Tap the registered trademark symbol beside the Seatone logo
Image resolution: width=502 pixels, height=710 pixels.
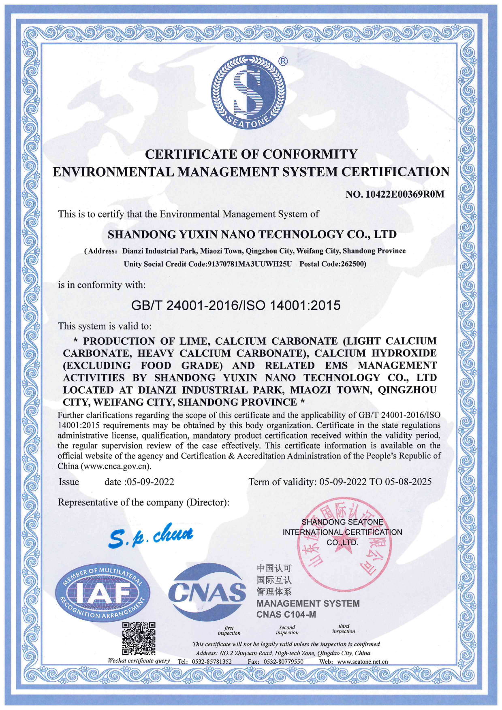click(283, 61)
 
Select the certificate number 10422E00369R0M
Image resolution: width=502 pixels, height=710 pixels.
click(405, 194)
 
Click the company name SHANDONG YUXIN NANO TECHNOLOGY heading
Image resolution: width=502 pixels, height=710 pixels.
click(252, 235)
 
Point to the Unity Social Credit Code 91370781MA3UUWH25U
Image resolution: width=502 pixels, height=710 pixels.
click(250, 264)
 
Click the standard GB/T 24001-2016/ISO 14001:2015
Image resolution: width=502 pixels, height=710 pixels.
click(236, 305)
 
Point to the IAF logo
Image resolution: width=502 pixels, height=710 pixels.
click(103, 592)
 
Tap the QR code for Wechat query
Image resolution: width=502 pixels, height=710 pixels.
click(139, 638)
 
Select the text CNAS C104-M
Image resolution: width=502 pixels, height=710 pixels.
click(286, 614)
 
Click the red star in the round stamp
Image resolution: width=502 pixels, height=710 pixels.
click(346, 556)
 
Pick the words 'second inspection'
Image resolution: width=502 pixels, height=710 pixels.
click(287, 630)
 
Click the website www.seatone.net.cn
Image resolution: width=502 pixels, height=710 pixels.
click(362, 662)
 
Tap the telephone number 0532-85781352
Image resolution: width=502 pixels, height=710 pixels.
click(211, 662)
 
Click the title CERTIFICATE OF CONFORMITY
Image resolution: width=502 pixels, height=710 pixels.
click(251, 154)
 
